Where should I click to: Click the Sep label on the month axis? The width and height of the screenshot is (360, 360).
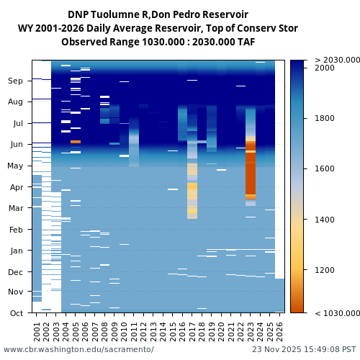[x=16, y=81]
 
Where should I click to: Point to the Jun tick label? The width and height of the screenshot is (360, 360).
[x=16, y=145]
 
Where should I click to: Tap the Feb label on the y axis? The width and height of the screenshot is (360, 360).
[x=16, y=230]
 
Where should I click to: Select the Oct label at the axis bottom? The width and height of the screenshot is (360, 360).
[x=16, y=313]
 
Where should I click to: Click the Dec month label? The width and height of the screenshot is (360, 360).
[x=16, y=272]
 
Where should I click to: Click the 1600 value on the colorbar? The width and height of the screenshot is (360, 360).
[x=325, y=169]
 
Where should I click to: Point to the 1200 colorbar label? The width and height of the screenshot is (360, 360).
[x=325, y=271]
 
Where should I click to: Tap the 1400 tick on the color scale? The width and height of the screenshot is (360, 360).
[x=325, y=220]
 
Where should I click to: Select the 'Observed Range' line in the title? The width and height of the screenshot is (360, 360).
[x=158, y=42]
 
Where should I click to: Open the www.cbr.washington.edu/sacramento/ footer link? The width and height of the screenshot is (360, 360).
[x=78, y=349]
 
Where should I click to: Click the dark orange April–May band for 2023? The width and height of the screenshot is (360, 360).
[x=251, y=173]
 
